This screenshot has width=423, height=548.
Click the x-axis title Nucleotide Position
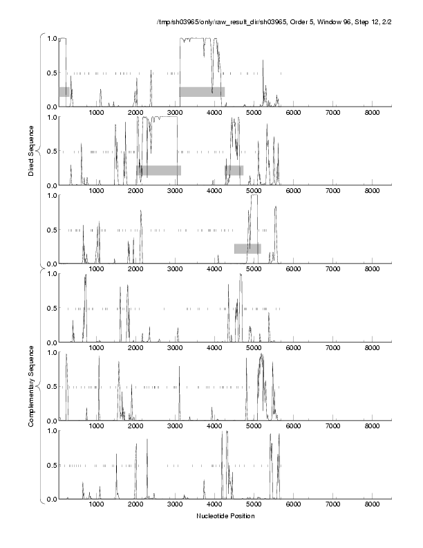tap(225, 516)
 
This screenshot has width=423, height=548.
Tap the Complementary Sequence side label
tap(31, 387)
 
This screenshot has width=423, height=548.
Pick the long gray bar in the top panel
tap(202, 91)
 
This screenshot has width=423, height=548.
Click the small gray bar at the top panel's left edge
tap(64, 91)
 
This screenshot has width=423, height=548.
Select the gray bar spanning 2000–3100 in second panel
tap(158, 170)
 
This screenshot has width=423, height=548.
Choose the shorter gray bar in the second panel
tap(234, 170)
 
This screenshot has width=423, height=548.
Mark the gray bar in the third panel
tap(247, 248)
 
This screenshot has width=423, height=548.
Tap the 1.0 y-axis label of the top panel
tap(51, 38)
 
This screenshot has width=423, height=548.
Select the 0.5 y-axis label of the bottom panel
tap(51, 465)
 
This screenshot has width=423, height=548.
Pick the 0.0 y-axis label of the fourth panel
tap(51, 342)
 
